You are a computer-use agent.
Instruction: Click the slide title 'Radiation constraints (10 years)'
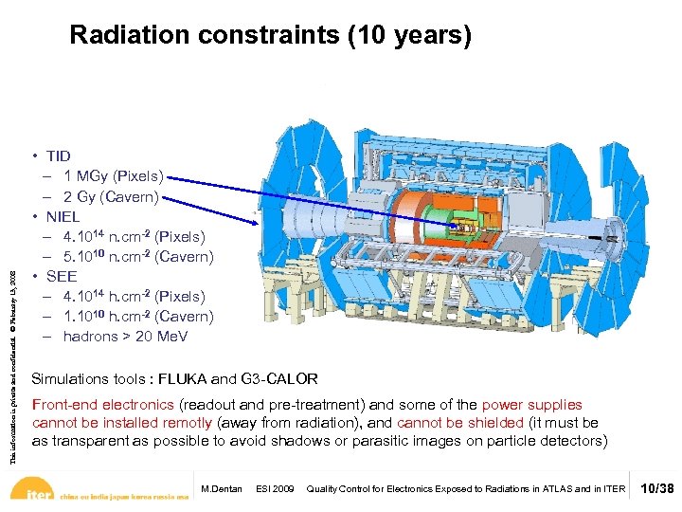(270, 36)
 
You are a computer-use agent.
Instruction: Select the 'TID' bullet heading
(58, 155)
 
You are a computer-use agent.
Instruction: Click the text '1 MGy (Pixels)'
(113, 176)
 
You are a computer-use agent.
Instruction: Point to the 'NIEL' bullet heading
(63, 216)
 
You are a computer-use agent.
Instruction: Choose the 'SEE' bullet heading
(62, 277)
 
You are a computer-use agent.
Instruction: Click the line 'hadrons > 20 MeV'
(125, 337)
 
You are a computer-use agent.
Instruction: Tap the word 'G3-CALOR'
(286, 379)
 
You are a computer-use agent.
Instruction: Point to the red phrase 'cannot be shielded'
(459, 423)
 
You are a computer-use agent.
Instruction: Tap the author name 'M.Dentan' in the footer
(221, 489)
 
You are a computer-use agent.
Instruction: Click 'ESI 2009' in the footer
(274, 489)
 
